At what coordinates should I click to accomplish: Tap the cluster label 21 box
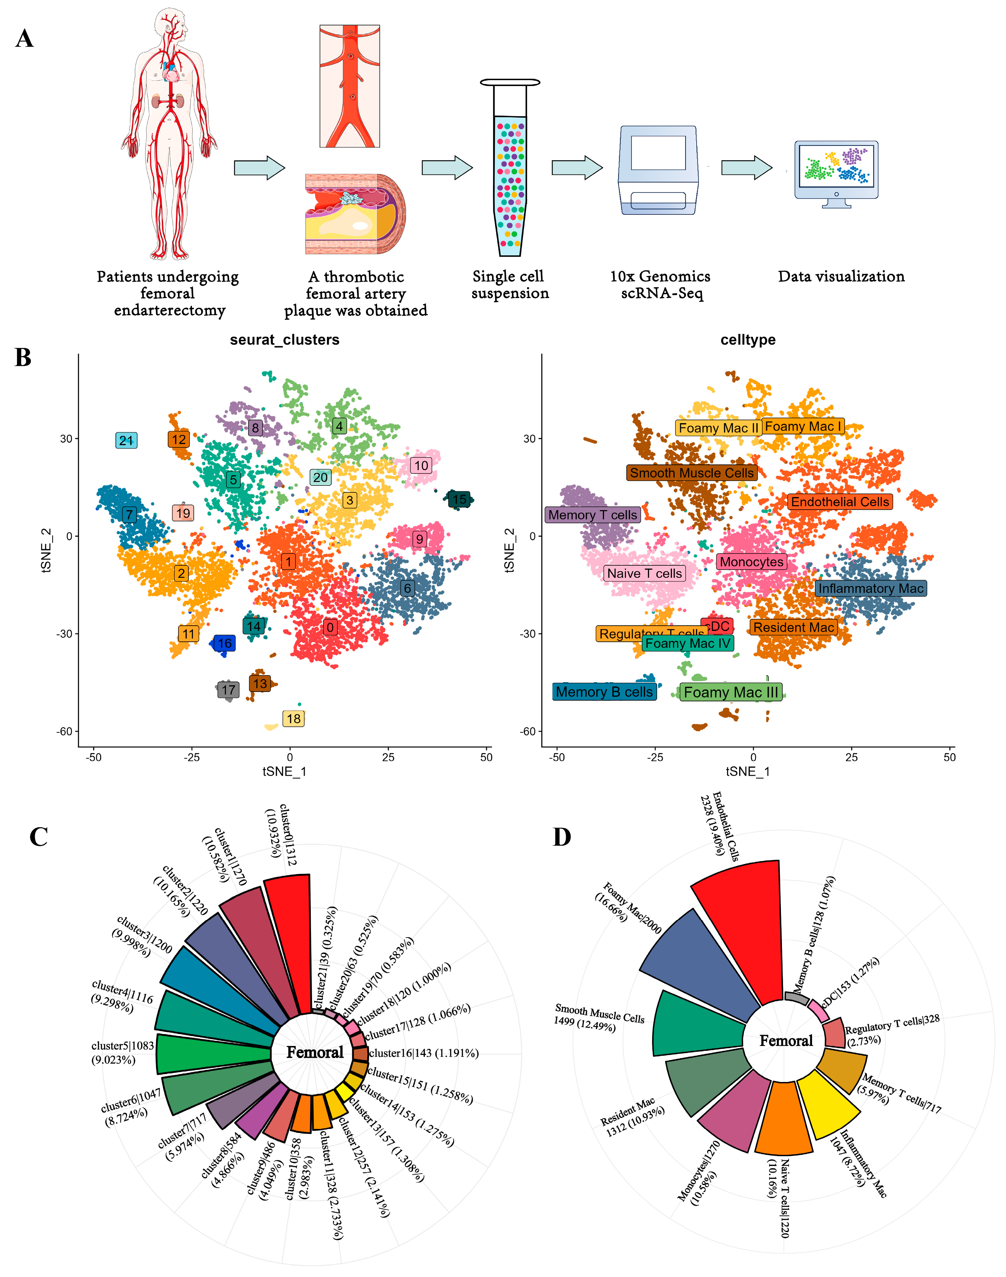pos(126,440)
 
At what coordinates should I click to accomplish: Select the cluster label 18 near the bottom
pos(293,718)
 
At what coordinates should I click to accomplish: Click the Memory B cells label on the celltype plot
pos(604,692)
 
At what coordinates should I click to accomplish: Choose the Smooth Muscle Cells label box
pos(691,473)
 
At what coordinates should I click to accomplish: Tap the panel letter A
pos(24,39)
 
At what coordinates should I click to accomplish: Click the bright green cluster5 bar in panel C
pos(212,1053)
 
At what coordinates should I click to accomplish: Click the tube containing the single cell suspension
pos(510,171)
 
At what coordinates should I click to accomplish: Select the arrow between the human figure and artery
pos(259,168)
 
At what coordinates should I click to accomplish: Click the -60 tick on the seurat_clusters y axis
pos(65,731)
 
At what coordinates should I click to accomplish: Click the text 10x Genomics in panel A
pos(660,276)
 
